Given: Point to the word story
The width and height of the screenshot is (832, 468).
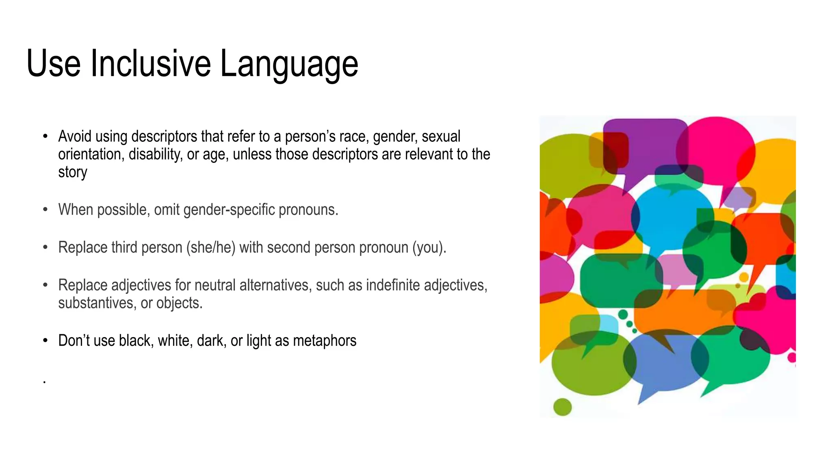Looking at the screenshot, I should coord(72,172).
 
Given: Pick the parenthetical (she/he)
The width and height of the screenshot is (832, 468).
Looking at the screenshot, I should coord(211,247).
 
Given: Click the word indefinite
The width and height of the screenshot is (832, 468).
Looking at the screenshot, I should coord(392,285).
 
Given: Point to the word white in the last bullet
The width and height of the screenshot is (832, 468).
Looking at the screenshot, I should coord(175,340).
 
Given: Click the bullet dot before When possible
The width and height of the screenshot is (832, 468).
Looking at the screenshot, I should coord(45,210).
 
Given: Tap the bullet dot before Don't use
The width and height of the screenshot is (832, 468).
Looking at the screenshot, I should coord(45,340).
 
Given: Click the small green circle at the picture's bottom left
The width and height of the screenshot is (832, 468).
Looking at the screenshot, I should coord(563,407).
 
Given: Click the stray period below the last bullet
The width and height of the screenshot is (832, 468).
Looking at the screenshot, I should coord(44,382).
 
